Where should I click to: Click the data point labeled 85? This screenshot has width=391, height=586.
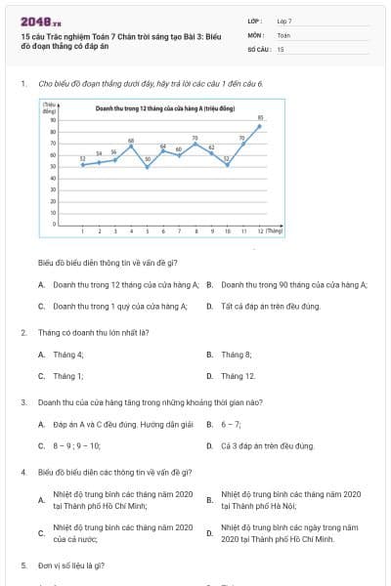pos(260,126)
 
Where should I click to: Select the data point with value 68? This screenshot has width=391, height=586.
pos(131,146)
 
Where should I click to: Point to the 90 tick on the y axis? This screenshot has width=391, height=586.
pos(53,120)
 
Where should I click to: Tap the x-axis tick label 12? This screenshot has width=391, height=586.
pos(260,231)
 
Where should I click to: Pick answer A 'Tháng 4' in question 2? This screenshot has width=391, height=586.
pos(68,354)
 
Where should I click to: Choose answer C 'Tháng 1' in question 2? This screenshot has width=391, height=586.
pos(68,376)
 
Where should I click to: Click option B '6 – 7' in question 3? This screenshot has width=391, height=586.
pos(231,424)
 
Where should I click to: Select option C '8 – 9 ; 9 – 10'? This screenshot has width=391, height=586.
pos(77,446)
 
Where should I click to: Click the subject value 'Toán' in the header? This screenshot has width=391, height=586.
pos(283,34)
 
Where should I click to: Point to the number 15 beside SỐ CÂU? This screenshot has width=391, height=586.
pos(281,48)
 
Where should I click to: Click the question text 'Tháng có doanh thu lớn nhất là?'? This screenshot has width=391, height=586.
pos(93,332)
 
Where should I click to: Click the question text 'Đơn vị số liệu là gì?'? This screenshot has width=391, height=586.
pos(73,565)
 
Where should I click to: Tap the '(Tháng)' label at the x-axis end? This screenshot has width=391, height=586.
pos(275,231)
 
